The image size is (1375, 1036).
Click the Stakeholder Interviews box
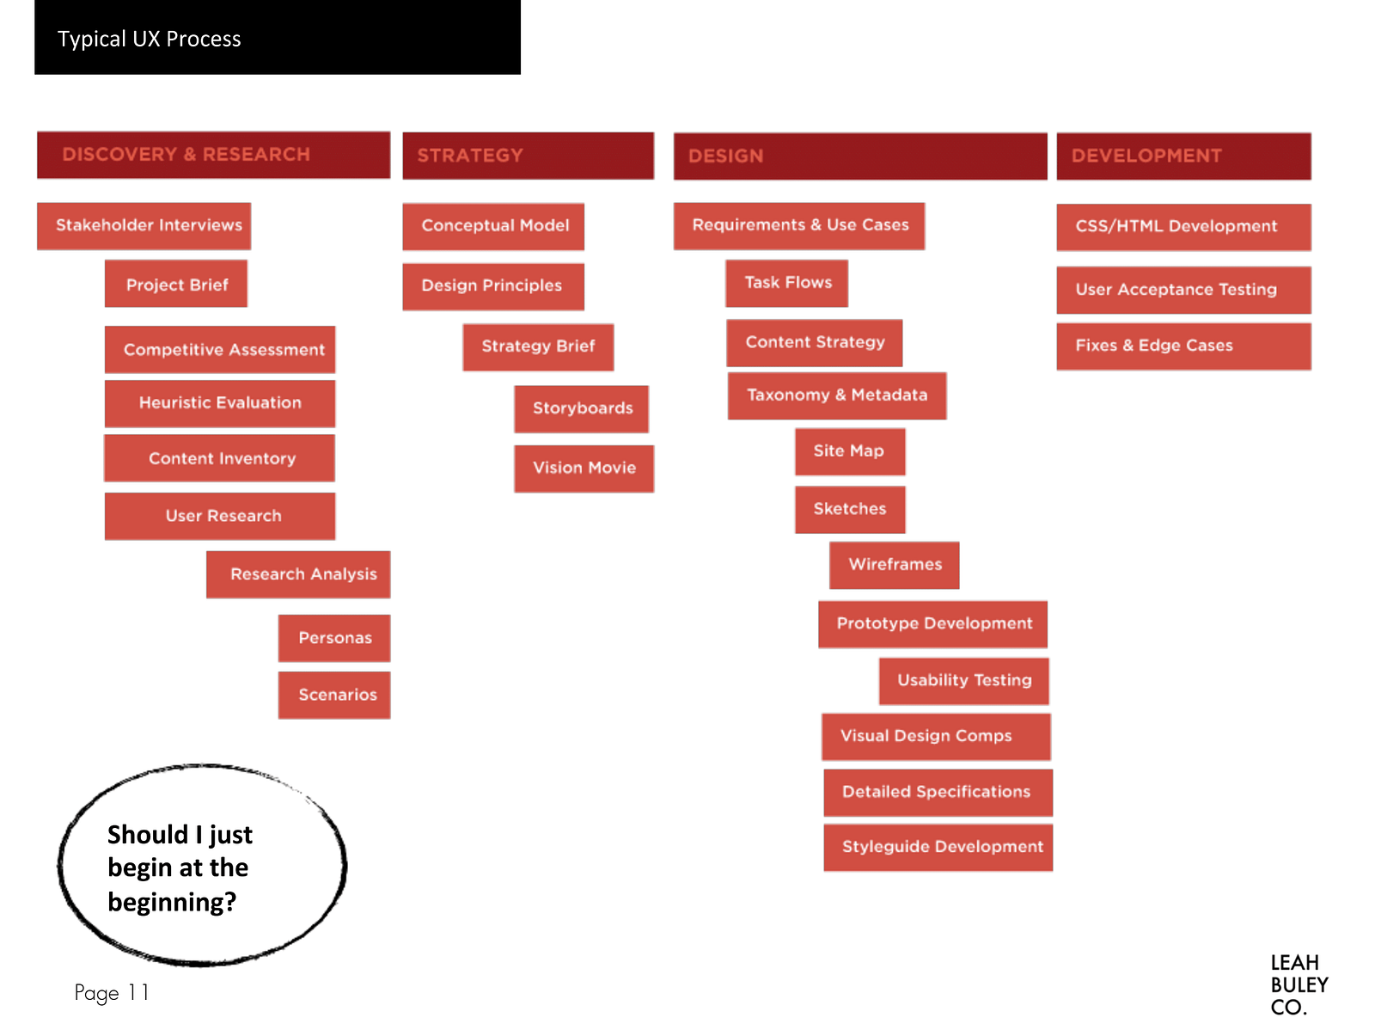click(x=144, y=226)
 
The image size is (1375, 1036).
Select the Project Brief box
click(x=176, y=284)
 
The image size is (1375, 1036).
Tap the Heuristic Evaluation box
click(x=220, y=403)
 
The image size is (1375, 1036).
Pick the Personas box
click(x=334, y=638)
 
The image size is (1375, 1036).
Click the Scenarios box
click(x=334, y=695)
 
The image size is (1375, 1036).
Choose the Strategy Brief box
click(x=538, y=346)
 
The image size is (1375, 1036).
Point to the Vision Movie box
click(x=584, y=469)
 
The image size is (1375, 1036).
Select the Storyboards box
click(x=582, y=408)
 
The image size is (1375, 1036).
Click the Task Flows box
click(x=786, y=283)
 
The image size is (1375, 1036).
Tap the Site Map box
click(x=849, y=451)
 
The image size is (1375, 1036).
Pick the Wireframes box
click(x=894, y=565)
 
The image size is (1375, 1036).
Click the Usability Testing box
click(x=963, y=681)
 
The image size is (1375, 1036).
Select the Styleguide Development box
click(x=938, y=847)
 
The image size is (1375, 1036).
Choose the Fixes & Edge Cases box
click(x=1183, y=346)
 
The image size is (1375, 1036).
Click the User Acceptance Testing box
click(x=1183, y=290)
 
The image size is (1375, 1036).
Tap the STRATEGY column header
click(x=528, y=156)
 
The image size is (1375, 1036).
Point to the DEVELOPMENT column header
click(x=1183, y=156)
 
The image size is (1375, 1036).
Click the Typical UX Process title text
click(x=150, y=40)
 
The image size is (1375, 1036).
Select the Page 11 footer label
click(x=112, y=993)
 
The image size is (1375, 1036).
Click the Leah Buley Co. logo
click(x=1299, y=985)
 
